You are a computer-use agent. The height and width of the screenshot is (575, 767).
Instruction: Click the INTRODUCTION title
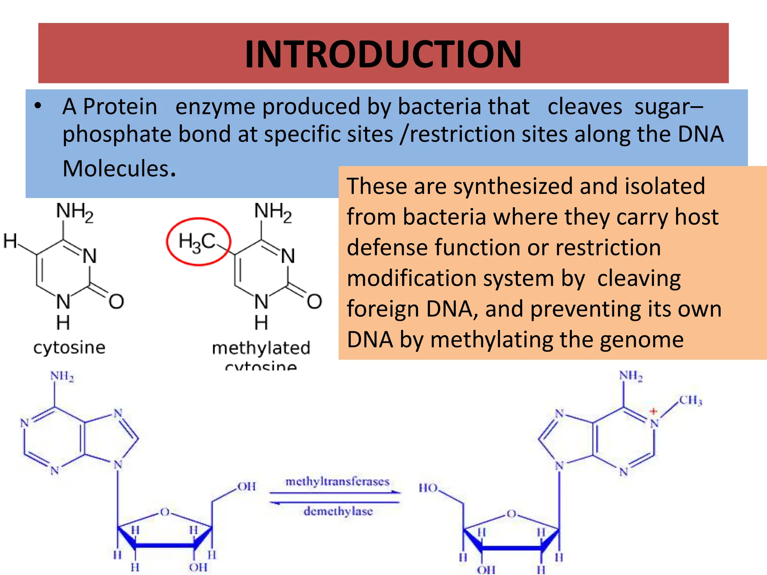click(x=383, y=54)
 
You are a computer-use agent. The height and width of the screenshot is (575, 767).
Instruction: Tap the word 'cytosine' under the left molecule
click(x=69, y=347)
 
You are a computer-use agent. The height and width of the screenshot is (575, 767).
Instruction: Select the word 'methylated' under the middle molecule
click(x=261, y=348)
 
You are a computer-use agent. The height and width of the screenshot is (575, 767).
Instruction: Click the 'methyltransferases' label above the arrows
click(x=337, y=481)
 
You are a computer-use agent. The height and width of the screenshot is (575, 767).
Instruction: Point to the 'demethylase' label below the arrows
click(x=338, y=511)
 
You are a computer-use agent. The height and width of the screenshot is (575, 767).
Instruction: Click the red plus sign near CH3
click(x=654, y=411)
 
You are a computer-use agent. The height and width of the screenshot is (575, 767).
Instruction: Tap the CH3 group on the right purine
click(x=691, y=401)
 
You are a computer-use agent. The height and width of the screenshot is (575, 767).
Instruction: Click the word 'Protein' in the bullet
click(x=120, y=107)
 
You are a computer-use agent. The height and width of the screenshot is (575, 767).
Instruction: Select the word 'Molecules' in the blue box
click(x=116, y=169)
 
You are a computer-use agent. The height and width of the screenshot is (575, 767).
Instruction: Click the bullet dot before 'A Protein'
click(x=38, y=106)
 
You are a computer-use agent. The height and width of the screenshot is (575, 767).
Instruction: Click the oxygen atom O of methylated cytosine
click(x=314, y=301)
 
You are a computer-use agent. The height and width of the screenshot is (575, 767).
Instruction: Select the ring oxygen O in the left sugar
click(x=164, y=512)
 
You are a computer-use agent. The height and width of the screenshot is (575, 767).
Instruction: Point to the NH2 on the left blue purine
click(x=62, y=376)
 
